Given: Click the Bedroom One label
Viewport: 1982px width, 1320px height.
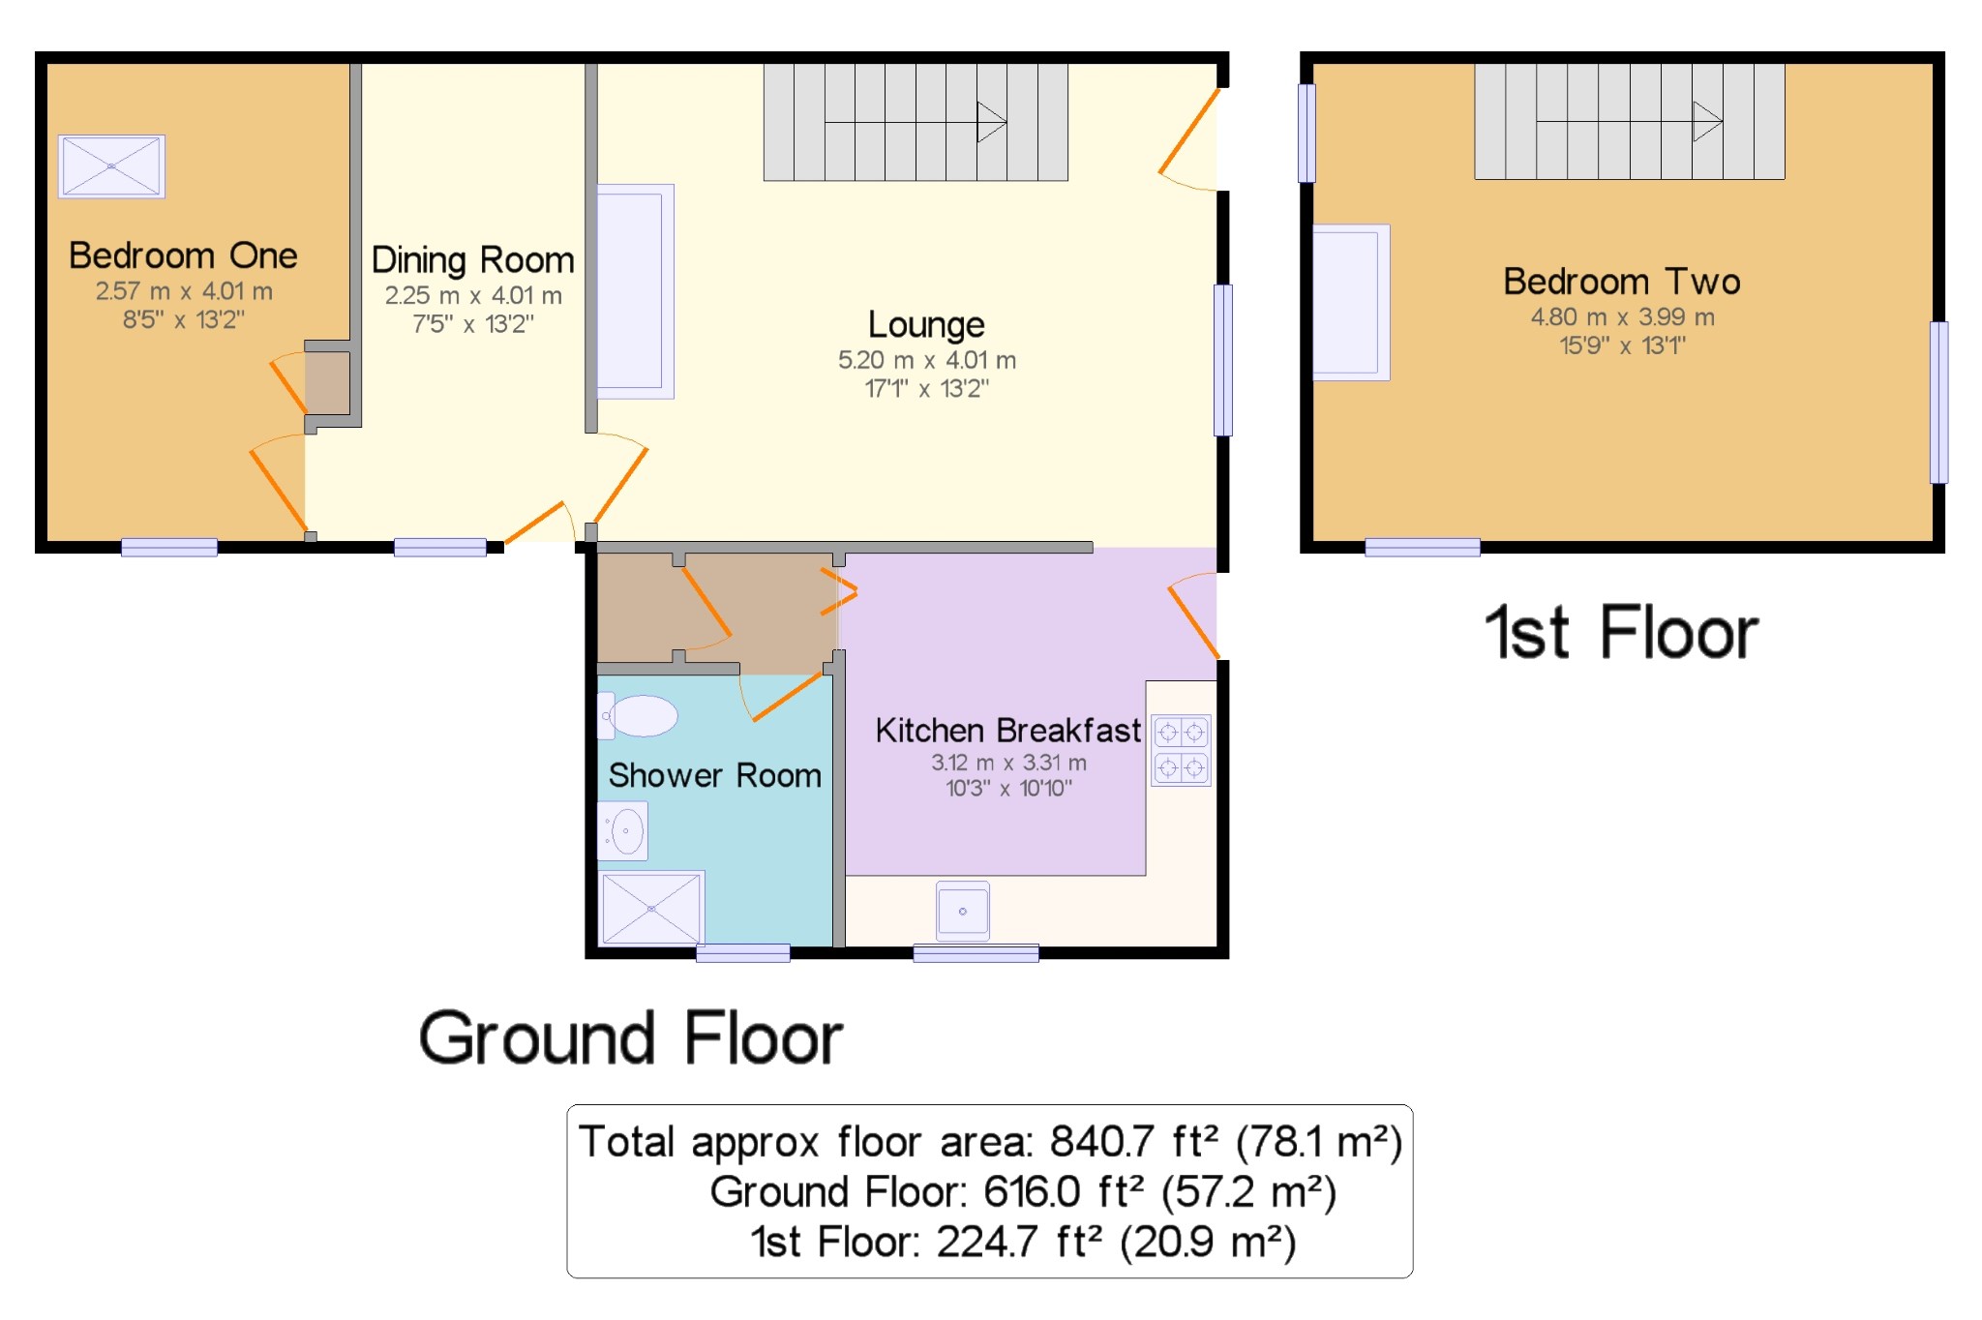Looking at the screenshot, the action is [183, 255].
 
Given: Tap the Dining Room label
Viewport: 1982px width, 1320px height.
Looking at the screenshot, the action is [472, 260].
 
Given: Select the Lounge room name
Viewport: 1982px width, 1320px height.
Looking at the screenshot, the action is [926, 325].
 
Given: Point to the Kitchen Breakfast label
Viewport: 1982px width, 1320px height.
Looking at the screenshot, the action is [1007, 730].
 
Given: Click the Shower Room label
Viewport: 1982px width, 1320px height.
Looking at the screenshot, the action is [714, 775].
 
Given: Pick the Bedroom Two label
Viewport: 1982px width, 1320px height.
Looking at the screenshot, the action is [1622, 282].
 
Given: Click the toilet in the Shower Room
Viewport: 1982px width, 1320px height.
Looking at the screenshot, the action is [638, 716].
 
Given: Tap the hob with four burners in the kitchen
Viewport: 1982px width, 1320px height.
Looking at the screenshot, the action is [1181, 750].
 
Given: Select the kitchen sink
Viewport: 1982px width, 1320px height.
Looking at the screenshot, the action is [963, 911].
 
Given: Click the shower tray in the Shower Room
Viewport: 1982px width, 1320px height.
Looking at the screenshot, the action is [651, 908].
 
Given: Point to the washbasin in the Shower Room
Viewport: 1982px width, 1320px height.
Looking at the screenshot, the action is [622, 830].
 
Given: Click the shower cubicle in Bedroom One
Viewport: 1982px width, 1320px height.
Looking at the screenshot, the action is [111, 166].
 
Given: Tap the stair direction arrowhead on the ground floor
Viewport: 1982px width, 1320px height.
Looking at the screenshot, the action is [992, 122].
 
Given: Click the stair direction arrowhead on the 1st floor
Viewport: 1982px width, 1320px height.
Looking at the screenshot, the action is [1707, 121].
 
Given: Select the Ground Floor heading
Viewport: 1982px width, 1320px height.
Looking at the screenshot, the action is [631, 1038].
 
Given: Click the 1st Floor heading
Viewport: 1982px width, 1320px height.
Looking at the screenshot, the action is [1622, 633].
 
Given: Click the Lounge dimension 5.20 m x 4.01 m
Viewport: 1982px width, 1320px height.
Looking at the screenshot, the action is [927, 360].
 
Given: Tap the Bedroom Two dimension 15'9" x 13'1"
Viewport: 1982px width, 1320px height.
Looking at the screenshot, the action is [1623, 345].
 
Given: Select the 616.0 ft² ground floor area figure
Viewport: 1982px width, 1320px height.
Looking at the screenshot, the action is [1066, 1192].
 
